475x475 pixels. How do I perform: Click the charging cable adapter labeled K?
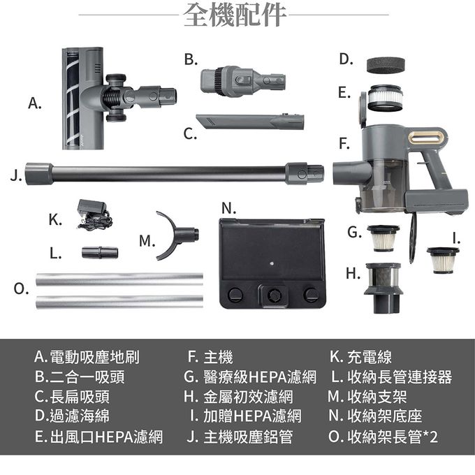pyautogui.click(x=93, y=214)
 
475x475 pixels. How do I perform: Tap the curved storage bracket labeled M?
pyautogui.click(x=176, y=235)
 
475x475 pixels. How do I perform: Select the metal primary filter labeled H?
pyautogui.click(x=382, y=287)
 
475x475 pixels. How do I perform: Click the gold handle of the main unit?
pyautogui.click(x=427, y=137)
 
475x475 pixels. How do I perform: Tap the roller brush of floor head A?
pyautogui.click(x=72, y=98)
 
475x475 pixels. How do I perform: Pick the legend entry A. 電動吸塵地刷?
pyautogui.click(x=87, y=358)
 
